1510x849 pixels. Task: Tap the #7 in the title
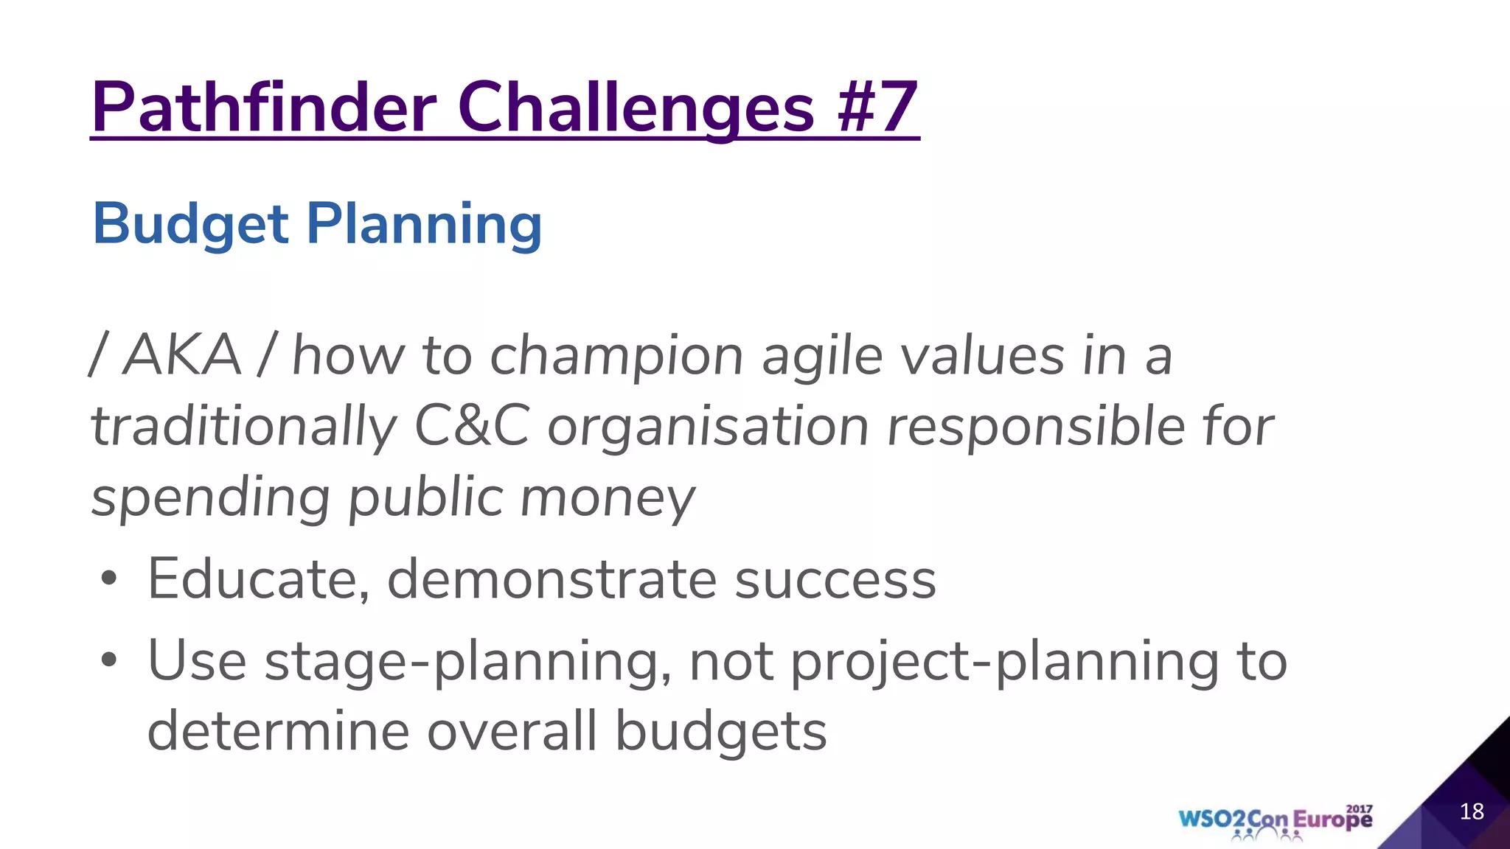(x=877, y=108)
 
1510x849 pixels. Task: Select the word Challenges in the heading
(x=636, y=108)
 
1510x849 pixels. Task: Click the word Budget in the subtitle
(x=190, y=224)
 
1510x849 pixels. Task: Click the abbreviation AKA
(x=181, y=356)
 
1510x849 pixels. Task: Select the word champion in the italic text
(x=616, y=356)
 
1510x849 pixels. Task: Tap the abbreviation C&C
(x=472, y=427)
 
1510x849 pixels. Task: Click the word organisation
(x=708, y=427)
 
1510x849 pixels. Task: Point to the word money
(x=608, y=498)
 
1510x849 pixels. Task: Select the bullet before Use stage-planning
(x=109, y=660)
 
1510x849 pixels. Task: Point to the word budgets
(x=720, y=732)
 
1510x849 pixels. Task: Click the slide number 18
(x=1471, y=811)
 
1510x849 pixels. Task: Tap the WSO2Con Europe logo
(x=1275, y=820)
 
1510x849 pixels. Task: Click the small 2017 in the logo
(x=1359, y=809)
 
